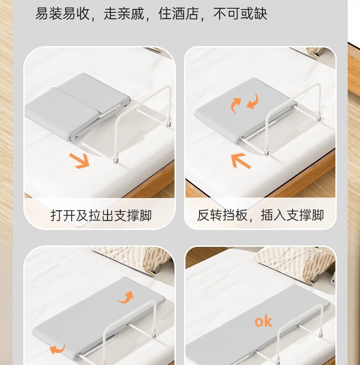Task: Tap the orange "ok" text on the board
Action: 263,321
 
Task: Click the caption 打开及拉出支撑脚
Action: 101,215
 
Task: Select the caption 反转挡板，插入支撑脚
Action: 260,215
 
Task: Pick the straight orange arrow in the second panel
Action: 241,161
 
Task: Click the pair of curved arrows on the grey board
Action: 244,104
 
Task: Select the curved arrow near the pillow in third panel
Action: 126,297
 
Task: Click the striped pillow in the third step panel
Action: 132,260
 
